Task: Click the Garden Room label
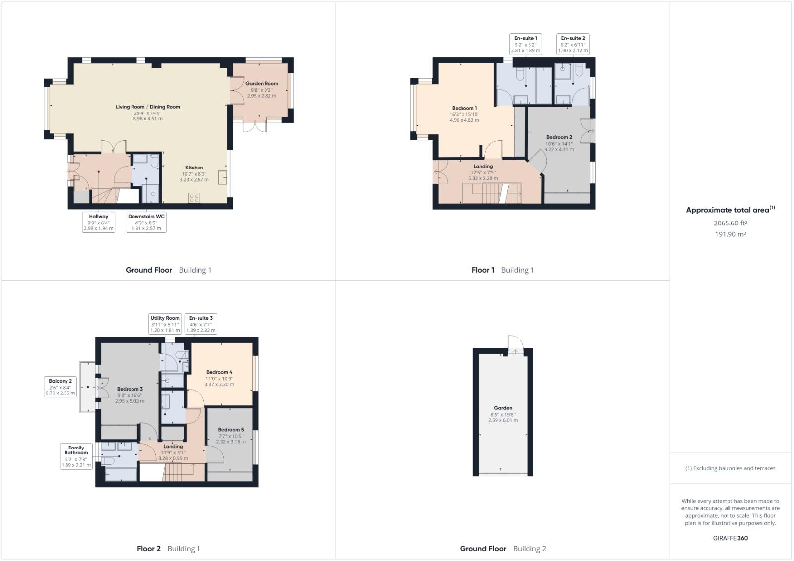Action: [x=262, y=83]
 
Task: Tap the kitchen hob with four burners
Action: [x=194, y=198]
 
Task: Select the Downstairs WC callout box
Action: [x=146, y=223]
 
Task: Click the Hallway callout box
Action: [x=99, y=223]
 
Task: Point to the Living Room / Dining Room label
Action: [x=148, y=107]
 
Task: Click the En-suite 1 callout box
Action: [x=526, y=44]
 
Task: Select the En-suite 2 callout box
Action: [x=573, y=44]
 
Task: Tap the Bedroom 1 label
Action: [x=464, y=108]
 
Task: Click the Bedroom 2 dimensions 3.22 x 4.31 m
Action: [x=559, y=149]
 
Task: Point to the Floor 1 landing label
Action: [x=483, y=167]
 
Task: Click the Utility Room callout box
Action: [x=165, y=324]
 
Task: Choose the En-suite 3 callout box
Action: [x=200, y=324]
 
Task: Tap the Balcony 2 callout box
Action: [x=61, y=387]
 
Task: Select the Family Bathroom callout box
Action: [x=76, y=456]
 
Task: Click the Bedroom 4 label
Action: [x=219, y=372]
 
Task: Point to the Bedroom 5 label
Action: [x=231, y=430]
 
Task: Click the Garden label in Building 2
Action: [x=503, y=408]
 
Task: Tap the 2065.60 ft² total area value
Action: [x=730, y=223]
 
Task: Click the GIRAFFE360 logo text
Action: [x=730, y=538]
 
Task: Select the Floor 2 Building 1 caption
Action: [x=169, y=548]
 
